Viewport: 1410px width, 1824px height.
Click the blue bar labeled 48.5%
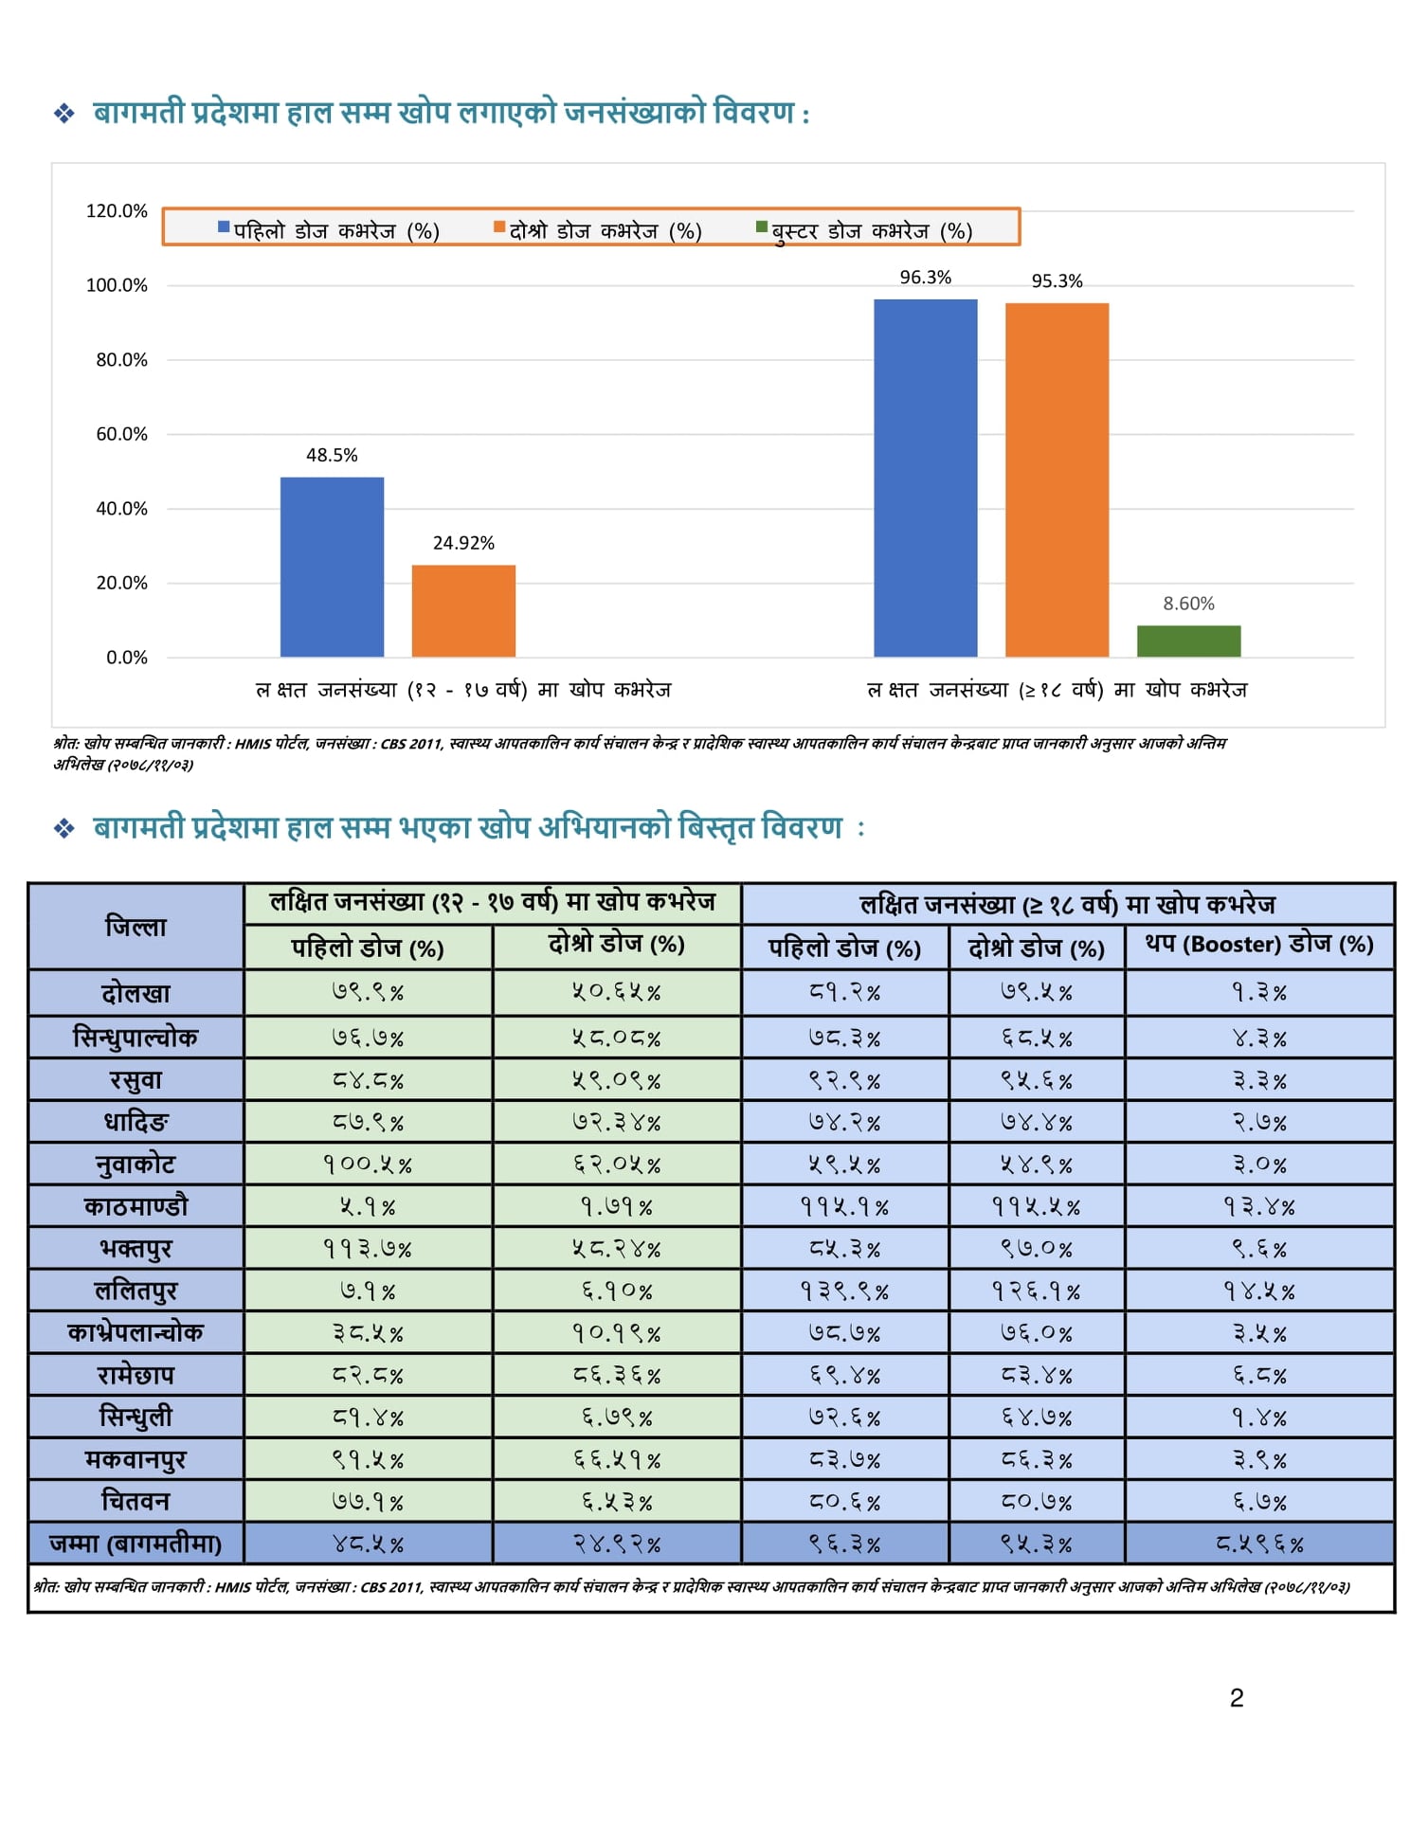coord(332,567)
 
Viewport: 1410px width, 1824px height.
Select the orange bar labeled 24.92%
coord(463,610)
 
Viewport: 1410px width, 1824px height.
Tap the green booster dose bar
coord(1188,641)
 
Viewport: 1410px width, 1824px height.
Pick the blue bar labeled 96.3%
coord(925,478)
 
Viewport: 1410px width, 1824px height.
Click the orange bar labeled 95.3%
coord(1057,479)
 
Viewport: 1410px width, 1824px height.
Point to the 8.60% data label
coord(1188,604)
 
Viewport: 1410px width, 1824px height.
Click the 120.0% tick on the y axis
coord(117,210)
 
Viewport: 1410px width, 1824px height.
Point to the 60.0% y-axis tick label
coord(121,434)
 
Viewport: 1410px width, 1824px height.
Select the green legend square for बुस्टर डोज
coord(761,227)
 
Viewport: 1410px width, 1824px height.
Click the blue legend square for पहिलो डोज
coord(224,227)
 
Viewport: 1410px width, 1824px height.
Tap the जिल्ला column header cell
coord(136,926)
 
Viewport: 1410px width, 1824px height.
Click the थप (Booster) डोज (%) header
coord(1258,945)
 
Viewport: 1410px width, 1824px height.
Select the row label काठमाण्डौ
coord(136,1206)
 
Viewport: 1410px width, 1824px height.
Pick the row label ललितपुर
coord(136,1291)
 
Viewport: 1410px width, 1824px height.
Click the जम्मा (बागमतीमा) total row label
coord(136,1544)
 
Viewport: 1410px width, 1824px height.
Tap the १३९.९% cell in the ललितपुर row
coord(844,1291)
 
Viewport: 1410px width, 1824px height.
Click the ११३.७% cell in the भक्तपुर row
coord(368,1249)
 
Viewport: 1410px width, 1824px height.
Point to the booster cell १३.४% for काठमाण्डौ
coord(1258,1207)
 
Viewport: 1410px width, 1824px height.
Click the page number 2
coord(1236,1698)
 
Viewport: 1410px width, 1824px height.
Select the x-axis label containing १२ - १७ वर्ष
coord(463,690)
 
